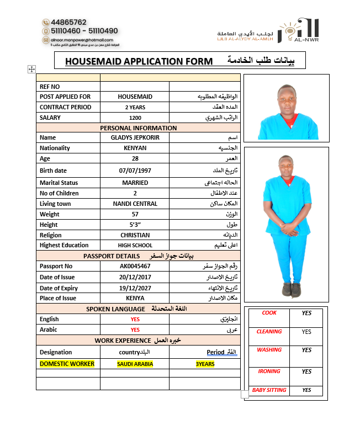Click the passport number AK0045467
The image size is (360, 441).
tap(135, 266)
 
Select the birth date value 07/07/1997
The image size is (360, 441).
tap(135, 171)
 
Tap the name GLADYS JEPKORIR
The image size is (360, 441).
tap(135, 137)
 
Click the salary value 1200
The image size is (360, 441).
tap(135, 118)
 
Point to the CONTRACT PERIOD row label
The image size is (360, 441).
tap(65, 107)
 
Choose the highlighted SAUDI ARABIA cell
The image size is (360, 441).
tap(135, 364)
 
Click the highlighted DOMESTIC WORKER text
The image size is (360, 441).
tap(67, 364)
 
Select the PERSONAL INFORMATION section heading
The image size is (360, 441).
tap(138, 128)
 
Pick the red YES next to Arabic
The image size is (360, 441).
tap(135, 330)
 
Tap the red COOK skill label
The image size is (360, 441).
tap(269, 313)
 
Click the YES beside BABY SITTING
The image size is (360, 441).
tap(307, 390)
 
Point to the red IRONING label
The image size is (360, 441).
tap(269, 371)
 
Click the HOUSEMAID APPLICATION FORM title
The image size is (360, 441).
tap(139, 61)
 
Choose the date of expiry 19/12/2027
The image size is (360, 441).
tap(135, 288)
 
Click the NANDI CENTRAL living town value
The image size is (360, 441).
tap(135, 204)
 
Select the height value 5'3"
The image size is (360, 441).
tap(135, 225)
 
